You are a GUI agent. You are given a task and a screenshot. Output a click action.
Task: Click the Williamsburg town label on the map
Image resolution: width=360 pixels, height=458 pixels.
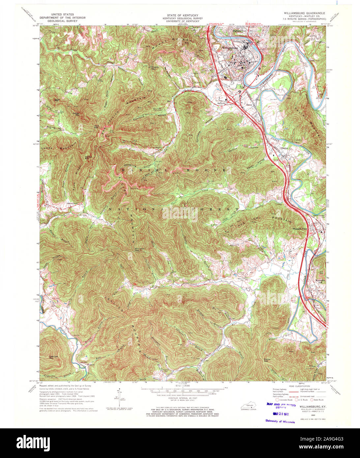[x=230, y=48]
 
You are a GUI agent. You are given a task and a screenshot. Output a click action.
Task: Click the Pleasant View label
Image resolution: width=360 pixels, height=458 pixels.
[x=300, y=229]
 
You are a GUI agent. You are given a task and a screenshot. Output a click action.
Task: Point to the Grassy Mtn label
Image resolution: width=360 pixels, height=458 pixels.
[x=76, y=114]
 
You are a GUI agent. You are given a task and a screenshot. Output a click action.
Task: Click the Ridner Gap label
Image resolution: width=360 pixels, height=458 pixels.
[x=267, y=360]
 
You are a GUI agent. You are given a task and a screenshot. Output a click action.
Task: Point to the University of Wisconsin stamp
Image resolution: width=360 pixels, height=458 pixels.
[x=280, y=421]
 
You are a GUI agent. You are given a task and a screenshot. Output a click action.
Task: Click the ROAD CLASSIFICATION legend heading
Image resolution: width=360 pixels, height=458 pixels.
[x=300, y=386]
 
